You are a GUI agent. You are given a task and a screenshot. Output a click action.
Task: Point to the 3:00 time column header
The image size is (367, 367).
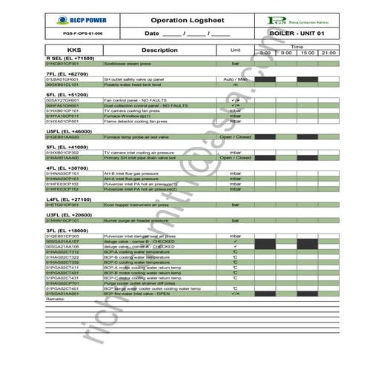(x=265, y=53)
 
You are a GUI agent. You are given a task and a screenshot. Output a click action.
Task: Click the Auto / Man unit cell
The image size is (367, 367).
(x=236, y=79)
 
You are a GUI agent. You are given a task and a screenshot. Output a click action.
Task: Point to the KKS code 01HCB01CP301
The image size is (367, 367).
(x=62, y=64)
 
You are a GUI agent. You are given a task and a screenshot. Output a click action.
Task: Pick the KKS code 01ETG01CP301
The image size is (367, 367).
(x=62, y=205)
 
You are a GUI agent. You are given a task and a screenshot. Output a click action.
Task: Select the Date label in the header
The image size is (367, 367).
(x=151, y=34)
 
